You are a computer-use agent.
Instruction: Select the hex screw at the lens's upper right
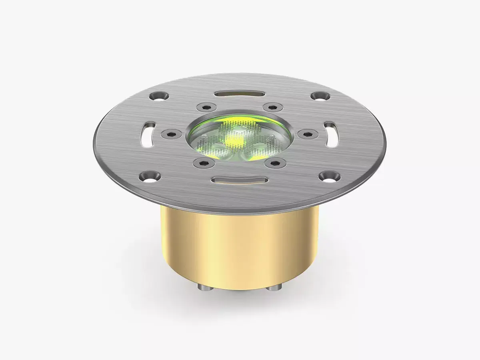273,107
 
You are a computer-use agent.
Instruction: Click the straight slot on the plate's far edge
239,93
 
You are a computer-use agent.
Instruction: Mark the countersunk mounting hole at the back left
158,96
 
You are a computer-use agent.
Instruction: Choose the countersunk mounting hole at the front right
329,176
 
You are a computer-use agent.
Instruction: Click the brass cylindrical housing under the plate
240,248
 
